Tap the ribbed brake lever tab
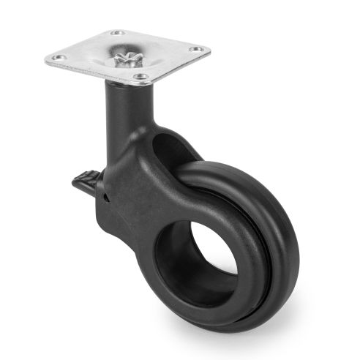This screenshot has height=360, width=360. point(86,180)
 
